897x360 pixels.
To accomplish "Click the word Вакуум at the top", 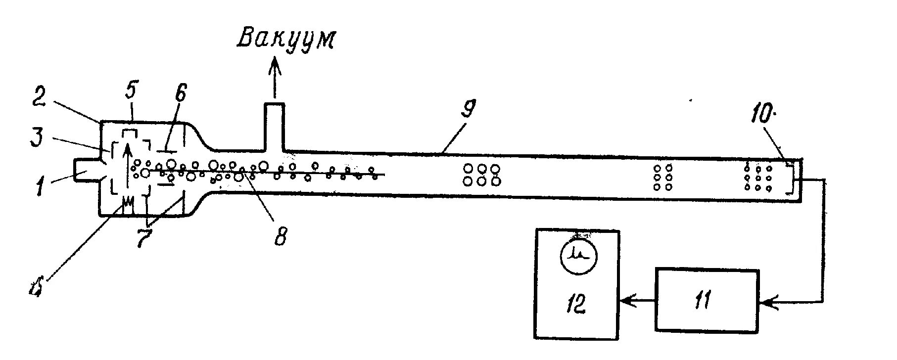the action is click(x=285, y=39).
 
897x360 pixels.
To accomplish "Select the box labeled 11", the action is click(x=707, y=300).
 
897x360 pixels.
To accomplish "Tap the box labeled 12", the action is click(x=576, y=284).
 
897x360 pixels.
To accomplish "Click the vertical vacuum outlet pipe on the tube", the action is click(x=274, y=127).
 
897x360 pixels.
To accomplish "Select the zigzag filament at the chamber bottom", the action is click(x=128, y=203).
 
